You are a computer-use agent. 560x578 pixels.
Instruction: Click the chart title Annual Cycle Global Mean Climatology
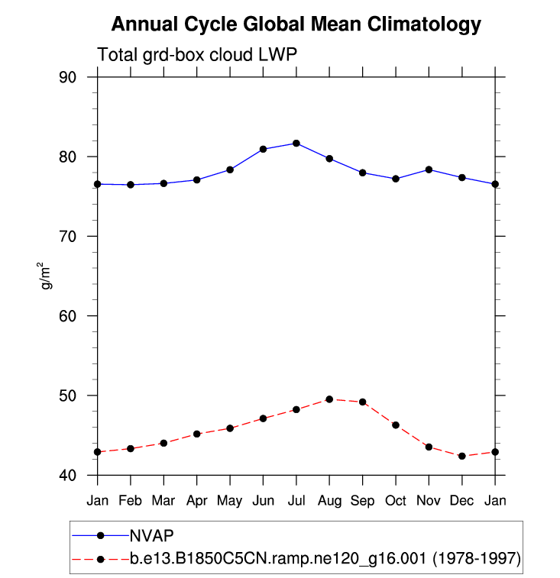[296, 24]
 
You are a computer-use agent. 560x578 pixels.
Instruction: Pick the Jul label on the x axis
[296, 500]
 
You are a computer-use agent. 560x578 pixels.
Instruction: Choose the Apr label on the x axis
[197, 500]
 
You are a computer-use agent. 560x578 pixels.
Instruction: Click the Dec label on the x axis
[462, 500]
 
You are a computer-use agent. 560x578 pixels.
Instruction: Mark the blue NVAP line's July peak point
[296, 144]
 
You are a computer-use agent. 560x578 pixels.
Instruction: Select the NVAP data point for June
[264, 149]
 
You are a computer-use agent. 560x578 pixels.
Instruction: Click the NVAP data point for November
[429, 170]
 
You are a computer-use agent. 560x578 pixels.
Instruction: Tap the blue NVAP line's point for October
[396, 179]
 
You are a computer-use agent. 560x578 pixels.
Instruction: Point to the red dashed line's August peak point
[329, 399]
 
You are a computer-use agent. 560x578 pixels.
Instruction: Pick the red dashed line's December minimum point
[462, 456]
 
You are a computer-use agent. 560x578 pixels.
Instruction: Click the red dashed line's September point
[363, 402]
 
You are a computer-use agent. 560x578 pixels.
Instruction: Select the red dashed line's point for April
[197, 434]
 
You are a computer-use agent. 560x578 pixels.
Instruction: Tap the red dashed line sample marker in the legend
[100, 560]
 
